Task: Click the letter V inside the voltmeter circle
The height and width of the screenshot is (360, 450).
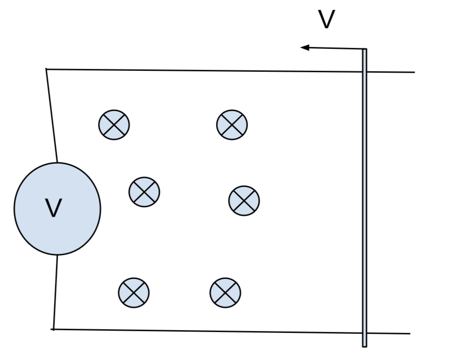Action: click(x=54, y=208)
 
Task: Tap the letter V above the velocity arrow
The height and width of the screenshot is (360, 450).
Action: click(x=326, y=19)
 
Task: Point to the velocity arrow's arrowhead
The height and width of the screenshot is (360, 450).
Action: click(x=304, y=47)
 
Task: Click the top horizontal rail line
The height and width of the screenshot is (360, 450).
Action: click(x=206, y=70)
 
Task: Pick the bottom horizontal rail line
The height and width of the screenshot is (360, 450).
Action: click(x=206, y=331)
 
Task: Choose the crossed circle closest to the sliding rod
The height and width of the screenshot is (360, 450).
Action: click(x=244, y=200)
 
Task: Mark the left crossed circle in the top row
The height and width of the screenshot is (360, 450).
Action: click(x=114, y=124)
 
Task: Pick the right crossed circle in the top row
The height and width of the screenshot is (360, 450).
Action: click(x=232, y=124)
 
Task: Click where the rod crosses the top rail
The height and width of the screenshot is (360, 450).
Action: click(x=364, y=72)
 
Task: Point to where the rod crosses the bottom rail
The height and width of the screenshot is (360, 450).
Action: click(x=364, y=333)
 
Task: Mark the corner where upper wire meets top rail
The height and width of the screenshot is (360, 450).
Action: click(x=46, y=69)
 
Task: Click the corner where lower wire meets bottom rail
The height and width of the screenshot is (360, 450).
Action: click(x=53, y=329)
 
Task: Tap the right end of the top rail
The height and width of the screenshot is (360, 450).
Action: click(x=414, y=72)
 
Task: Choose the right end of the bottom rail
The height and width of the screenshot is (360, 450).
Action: click(x=409, y=333)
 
